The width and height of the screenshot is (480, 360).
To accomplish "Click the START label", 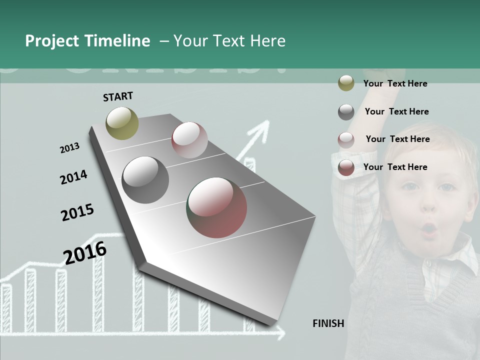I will [118, 96].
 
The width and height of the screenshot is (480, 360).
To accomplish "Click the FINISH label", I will [328, 323].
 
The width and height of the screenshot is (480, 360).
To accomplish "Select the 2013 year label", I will [69, 148].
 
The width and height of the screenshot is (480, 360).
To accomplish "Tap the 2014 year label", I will [73, 177].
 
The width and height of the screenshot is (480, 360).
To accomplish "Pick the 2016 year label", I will [85, 253].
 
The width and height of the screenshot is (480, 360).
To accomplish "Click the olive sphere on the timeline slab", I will [122, 123].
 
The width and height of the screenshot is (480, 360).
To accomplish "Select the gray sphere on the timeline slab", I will [145, 180].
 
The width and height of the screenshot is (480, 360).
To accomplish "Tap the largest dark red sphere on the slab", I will [216, 207].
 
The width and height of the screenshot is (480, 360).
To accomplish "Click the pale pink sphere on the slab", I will [189, 139].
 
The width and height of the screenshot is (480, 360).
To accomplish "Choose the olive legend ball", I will [346, 83].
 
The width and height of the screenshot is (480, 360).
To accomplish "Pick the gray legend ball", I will [346, 112].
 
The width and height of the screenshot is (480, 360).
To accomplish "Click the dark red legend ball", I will [346, 167].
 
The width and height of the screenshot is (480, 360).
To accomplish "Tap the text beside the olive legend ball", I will [395, 83].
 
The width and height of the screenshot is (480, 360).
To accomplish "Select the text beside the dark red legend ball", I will [395, 167].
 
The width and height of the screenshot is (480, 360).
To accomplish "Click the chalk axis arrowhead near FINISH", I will [280, 332].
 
